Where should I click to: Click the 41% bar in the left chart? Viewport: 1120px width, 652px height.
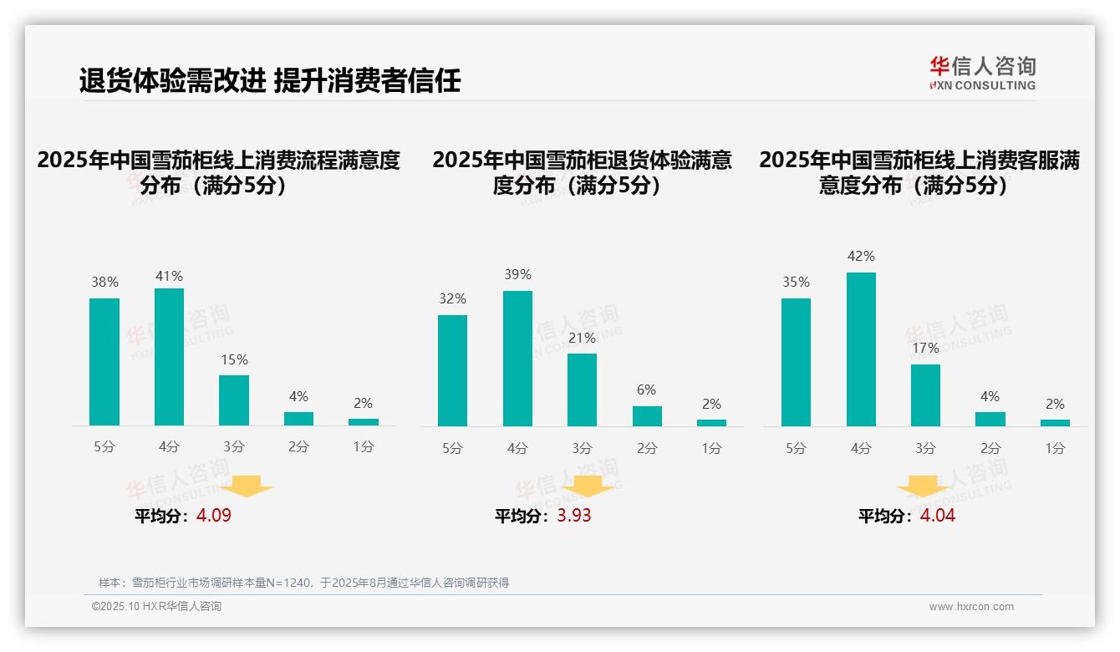coord(169,357)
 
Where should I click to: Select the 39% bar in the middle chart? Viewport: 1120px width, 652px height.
coord(517,359)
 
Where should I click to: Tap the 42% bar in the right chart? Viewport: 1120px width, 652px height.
coord(861,349)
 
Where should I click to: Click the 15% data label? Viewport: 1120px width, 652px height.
coord(234,359)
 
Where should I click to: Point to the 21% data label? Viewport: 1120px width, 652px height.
coord(582,338)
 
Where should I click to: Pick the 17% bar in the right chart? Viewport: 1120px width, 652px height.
coord(925,395)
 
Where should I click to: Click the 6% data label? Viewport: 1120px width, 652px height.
coord(646,390)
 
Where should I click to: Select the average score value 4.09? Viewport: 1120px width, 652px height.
coord(214,516)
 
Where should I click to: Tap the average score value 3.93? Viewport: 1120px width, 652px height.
coord(574,516)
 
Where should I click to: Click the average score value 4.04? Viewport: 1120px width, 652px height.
coord(938,516)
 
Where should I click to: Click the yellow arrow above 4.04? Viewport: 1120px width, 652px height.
coord(923,486)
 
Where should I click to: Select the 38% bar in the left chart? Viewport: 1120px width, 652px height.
coord(104,362)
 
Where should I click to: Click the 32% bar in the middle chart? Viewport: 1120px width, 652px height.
coord(452,370)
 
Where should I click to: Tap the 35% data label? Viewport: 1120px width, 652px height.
coord(797,282)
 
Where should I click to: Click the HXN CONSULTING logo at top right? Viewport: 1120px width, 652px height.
coord(982,73)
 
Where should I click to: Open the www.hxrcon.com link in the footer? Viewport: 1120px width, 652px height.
coord(971,606)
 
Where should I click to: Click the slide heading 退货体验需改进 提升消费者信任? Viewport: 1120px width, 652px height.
coord(270,80)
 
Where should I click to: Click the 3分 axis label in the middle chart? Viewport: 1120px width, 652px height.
coord(582,448)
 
